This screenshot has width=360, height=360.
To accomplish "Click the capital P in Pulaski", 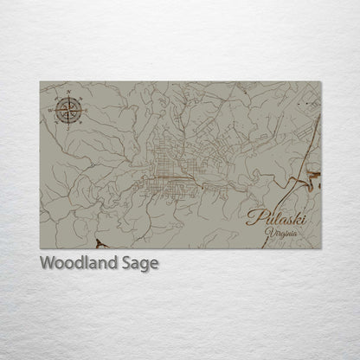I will pos(253,218).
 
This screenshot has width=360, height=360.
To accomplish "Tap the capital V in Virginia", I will pos(270,233).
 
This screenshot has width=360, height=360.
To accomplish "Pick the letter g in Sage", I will pos(145,264).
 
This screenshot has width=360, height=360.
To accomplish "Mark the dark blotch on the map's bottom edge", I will pos(101,245).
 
